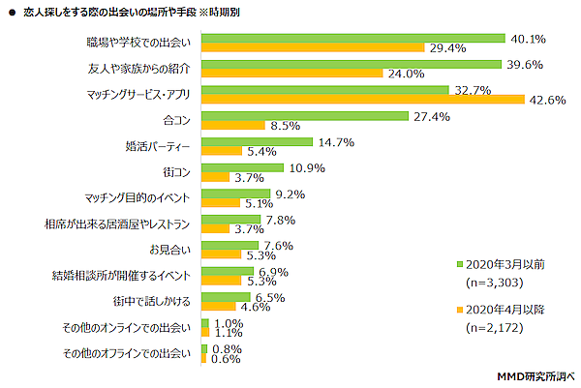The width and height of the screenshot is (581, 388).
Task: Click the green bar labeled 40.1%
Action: [352, 39]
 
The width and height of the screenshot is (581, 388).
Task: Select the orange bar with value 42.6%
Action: [362, 99]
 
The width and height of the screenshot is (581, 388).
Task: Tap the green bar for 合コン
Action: [303, 116]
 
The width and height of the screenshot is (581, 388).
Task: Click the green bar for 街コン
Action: [241, 167]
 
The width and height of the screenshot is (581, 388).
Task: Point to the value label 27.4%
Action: [428, 116]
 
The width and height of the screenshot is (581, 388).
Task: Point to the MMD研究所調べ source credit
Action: [535, 374]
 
